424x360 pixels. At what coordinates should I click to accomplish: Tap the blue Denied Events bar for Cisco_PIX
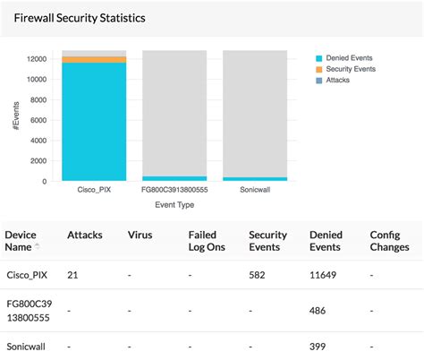click(x=94, y=121)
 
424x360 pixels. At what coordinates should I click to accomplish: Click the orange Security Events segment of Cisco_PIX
click(x=94, y=59)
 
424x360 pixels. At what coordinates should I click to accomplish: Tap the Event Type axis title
click(x=174, y=205)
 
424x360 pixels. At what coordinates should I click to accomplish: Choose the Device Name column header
click(x=23, y=240)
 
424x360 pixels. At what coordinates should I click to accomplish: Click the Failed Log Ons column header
click(x=202, y=240)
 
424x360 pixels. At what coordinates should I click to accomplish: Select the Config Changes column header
click(x=391, y=240)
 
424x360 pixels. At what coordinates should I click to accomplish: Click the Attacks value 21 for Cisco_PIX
click(x=72, y=274)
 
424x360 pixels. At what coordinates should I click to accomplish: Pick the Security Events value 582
click(x=258, y=274)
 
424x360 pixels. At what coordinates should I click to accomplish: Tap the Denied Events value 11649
click(x=323, y=274)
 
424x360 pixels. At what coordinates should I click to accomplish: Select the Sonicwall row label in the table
click(x=26, y=346)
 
